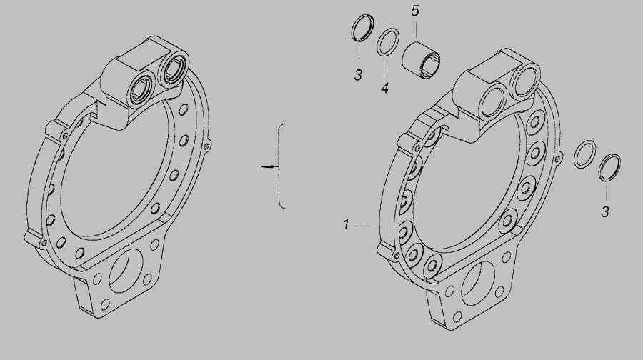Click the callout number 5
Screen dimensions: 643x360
(415, 11)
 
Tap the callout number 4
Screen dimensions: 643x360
(384, 88)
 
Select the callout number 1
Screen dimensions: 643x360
(346, 224)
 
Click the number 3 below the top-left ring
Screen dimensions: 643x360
(359, 75)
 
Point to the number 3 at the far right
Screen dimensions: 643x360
(605, 212)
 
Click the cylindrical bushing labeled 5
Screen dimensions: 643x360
(422, 60)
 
